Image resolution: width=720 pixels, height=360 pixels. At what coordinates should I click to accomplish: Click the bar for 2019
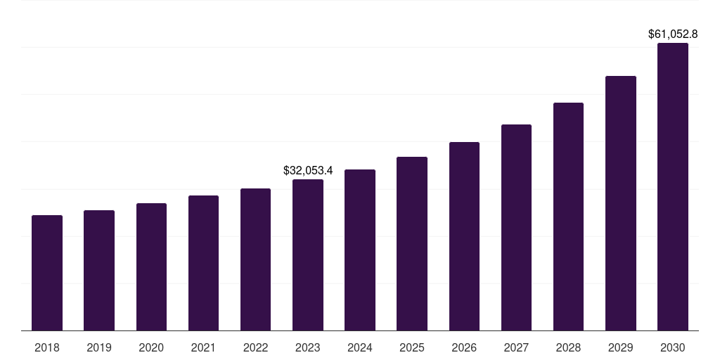coord(99,271)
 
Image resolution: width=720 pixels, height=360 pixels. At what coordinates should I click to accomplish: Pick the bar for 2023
coord(308,255)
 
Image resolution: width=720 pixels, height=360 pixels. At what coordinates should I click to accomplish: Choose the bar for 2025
coord(412,244)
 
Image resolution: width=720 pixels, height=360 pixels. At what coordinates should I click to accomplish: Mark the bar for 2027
coord(516,228)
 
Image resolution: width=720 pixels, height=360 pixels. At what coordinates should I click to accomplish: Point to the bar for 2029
coord(621,203)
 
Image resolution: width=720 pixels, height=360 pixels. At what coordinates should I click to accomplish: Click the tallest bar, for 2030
coord(673,187)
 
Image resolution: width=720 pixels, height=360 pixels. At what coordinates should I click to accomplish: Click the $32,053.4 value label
coord(308,170)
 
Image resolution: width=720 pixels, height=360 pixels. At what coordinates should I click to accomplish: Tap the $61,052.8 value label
coord(673,34)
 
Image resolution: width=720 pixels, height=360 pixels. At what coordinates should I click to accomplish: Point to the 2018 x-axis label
coord(47,347)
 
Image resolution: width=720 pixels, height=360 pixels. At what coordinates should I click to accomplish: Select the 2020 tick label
coord(151,347)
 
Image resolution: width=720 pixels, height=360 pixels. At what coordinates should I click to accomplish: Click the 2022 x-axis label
coord(255,347)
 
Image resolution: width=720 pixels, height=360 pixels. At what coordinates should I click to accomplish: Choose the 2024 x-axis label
coord(360,347)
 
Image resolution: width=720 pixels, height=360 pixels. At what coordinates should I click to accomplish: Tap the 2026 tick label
coord(464,347)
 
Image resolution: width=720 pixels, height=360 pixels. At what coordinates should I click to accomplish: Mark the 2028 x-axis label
coord(568,347)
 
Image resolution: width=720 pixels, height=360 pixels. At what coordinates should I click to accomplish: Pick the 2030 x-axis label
coord(673,347)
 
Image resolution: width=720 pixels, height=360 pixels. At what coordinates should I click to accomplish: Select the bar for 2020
coord(151,267)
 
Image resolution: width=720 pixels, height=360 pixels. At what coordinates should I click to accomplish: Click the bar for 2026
coord(464,236)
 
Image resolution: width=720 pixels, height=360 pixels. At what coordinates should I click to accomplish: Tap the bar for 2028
coord(568,217)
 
